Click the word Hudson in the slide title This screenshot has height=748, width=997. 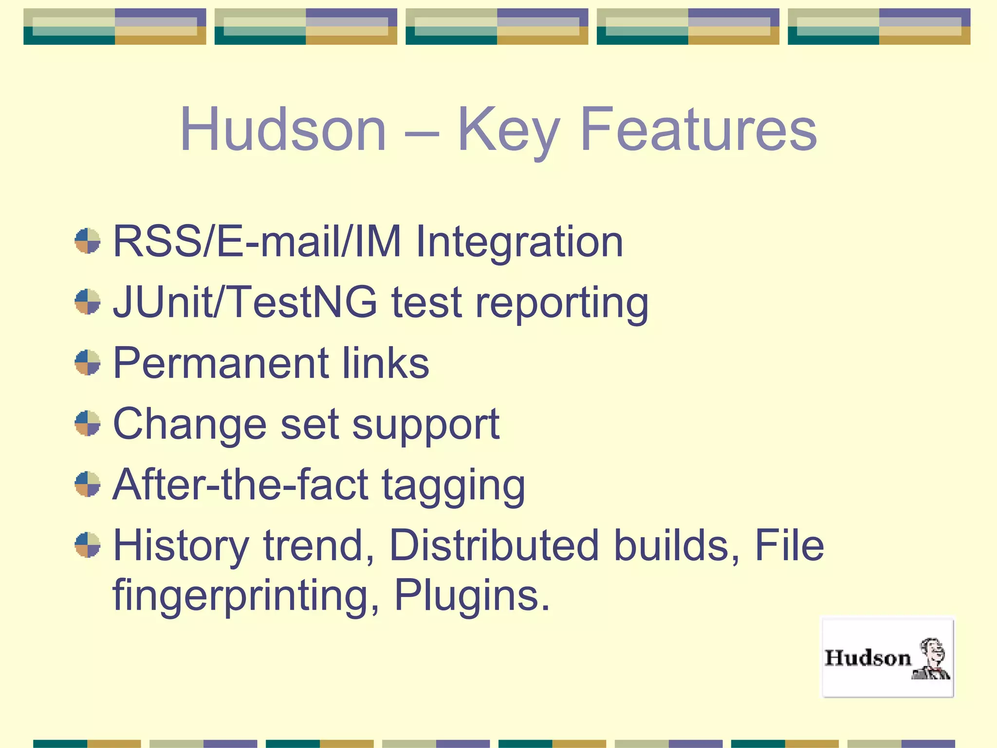pyautogui.click(x=283, y=130)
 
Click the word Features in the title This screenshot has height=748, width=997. pyautogui.click(x=698, y=130)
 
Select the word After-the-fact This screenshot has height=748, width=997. pyautogui.click(x=240, y=485)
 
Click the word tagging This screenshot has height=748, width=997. pyautogui.click(x=453, y=486)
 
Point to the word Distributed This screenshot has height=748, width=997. pyautogui.click(x=494, y=545)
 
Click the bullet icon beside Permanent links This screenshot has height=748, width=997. pyautogui.click(x=88, y=363)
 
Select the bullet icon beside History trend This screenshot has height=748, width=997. pyautogui.click(x=88, y=545)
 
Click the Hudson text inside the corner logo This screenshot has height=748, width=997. pyautogui.click(x=867, y=658)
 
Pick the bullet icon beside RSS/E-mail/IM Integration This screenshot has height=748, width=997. pyautogui.click(x=88, y=241)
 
